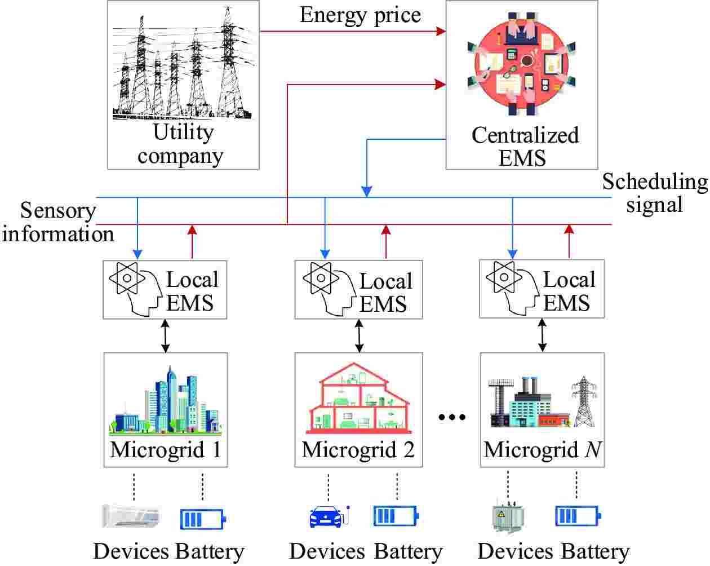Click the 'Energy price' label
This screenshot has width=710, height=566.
click(x=360, y=15)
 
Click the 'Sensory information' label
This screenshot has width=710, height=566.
click(x=57, y=222)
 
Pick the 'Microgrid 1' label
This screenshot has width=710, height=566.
click(x=166, y=450)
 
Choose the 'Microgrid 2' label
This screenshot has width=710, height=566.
click(x=358, y=450)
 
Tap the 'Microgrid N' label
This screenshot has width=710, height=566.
click(x=542, y=450)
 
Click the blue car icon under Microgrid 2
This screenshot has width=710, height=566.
click(x=327, y=516)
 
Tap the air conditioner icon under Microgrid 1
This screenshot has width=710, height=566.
click(x=131, y=516)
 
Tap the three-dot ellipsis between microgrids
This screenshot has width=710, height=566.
click(x=452, y=417)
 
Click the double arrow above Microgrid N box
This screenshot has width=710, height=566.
click(x=542, y=335)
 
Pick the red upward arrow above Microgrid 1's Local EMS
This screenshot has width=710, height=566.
click(x=192, y=241)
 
